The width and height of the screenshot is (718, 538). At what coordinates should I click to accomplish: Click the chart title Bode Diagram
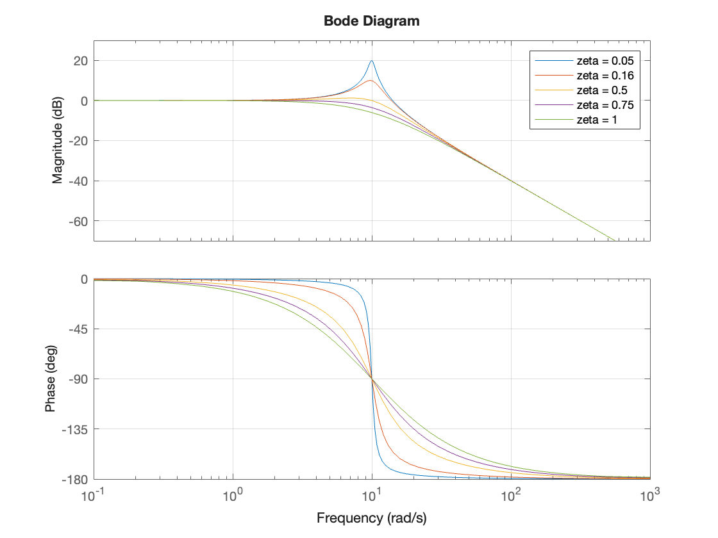tap(371, 21)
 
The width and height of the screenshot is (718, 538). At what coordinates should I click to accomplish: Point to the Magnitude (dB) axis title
tap(58, 141)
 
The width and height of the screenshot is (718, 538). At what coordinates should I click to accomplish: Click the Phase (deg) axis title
tap(51, 379)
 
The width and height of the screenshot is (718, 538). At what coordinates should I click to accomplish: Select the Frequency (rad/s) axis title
tap(371, 518)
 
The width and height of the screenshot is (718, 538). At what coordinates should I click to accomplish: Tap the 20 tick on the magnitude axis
tap(82, 61)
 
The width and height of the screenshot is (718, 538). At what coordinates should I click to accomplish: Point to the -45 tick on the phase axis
tap(79, 329)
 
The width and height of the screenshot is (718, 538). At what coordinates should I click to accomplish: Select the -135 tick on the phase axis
tap(77, 429)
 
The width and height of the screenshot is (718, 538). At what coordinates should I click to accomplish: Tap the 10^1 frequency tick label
tap(372, 494)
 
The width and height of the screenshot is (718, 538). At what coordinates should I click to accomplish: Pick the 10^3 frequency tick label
tap(650, 494)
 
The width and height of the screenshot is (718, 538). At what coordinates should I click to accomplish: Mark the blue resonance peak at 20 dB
tap(371, 61)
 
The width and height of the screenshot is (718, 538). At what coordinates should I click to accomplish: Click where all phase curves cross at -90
tap(372, 379)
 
